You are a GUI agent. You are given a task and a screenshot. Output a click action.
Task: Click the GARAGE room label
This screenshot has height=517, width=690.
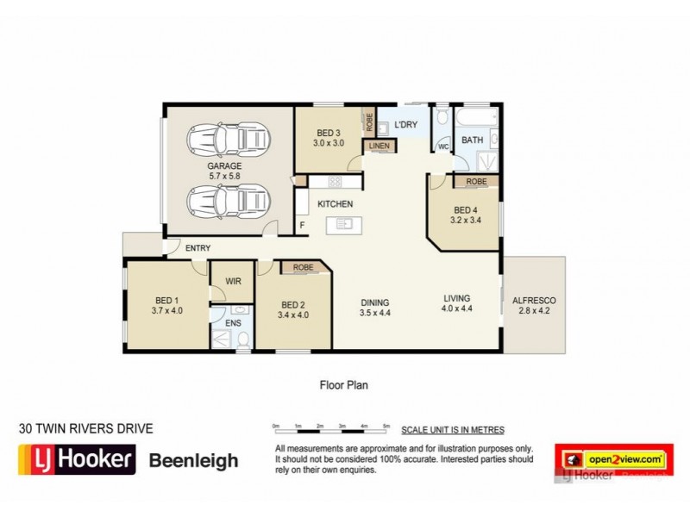pyautogui.click(x=223, y=165)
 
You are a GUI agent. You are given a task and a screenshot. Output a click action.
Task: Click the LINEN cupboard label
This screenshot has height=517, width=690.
pyautogui.click(x=379, y=146)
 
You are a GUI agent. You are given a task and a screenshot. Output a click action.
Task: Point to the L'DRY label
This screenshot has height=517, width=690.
pyautogui.click(x=405, y=125)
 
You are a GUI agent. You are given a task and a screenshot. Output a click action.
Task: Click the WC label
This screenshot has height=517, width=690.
pyautogui.click(x=442, y=146)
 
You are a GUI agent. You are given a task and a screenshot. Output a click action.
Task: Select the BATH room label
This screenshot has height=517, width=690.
pyautogui.click(x=472, y=140)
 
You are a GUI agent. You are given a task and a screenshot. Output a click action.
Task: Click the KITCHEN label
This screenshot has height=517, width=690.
pyautogui.click(x=335, y=204)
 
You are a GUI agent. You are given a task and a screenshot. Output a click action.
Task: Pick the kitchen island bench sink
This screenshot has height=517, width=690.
pyautogui.click(x=345, y=225)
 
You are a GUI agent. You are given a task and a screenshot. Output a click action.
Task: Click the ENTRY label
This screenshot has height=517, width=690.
pyautogui.click(x=198, y=248)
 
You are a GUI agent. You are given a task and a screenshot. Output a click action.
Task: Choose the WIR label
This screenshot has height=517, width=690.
pyautogui.click(x=232, y=281)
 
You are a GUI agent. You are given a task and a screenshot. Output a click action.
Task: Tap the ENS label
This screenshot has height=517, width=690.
pyautogui.click(x=232, y=323)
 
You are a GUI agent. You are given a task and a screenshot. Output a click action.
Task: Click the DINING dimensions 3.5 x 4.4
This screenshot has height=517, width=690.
pyautogui.click(x=375, y=315)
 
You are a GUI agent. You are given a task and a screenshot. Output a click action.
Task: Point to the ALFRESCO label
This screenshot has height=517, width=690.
pyautogui.click(x=535, y=300)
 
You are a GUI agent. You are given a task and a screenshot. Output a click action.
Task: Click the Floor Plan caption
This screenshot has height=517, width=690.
pyautogui.click(x=343, y=385)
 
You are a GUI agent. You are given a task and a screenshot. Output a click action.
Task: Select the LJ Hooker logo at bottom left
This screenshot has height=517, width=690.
pyautogui.click(x=77, y=458)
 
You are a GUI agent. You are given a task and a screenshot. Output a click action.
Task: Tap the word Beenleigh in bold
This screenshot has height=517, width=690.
pyautogui.click(x=194, y=461)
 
